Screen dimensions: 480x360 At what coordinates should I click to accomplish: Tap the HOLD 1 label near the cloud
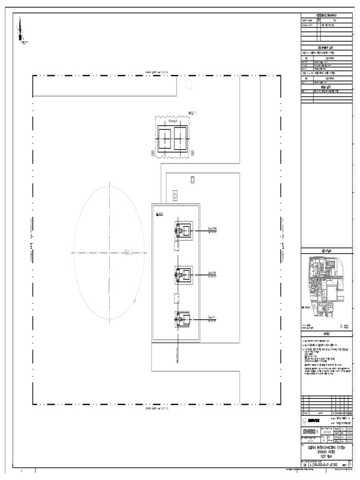pos(193,113)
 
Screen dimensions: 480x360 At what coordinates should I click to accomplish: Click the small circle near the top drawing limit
pos(189,84)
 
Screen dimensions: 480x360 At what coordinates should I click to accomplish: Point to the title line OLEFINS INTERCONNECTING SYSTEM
pos(326,448)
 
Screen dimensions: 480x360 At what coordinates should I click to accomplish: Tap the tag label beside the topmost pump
pos(212,229)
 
